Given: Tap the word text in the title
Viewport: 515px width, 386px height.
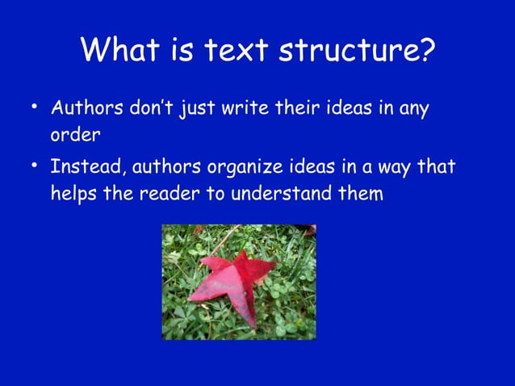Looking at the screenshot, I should click(x=236, y=51).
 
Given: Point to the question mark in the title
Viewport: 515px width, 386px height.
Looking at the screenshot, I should click(x=426, y=51).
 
